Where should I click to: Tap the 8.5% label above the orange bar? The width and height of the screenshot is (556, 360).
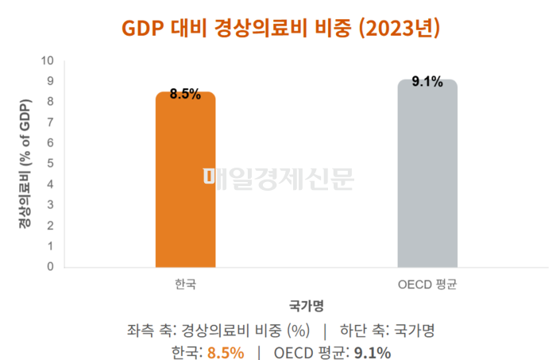[x=185, y=95]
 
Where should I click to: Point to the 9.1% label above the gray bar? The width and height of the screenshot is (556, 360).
[x=427, y=82]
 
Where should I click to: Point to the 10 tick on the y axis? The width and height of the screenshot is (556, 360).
[x=48, y=60]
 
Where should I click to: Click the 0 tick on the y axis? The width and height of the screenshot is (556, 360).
[x=50, y=266]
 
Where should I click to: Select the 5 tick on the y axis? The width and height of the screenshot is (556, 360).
[x=50, y=164]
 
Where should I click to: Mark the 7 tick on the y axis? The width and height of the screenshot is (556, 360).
[x=50, y=122]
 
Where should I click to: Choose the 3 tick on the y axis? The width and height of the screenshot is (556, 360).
[x=50, y=205]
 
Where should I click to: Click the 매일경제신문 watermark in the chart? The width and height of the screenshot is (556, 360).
[x=278, y=180]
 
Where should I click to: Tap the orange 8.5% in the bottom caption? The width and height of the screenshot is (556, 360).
[x=225, y=352]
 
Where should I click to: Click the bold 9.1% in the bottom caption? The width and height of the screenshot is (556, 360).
[x=372, y=352]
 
